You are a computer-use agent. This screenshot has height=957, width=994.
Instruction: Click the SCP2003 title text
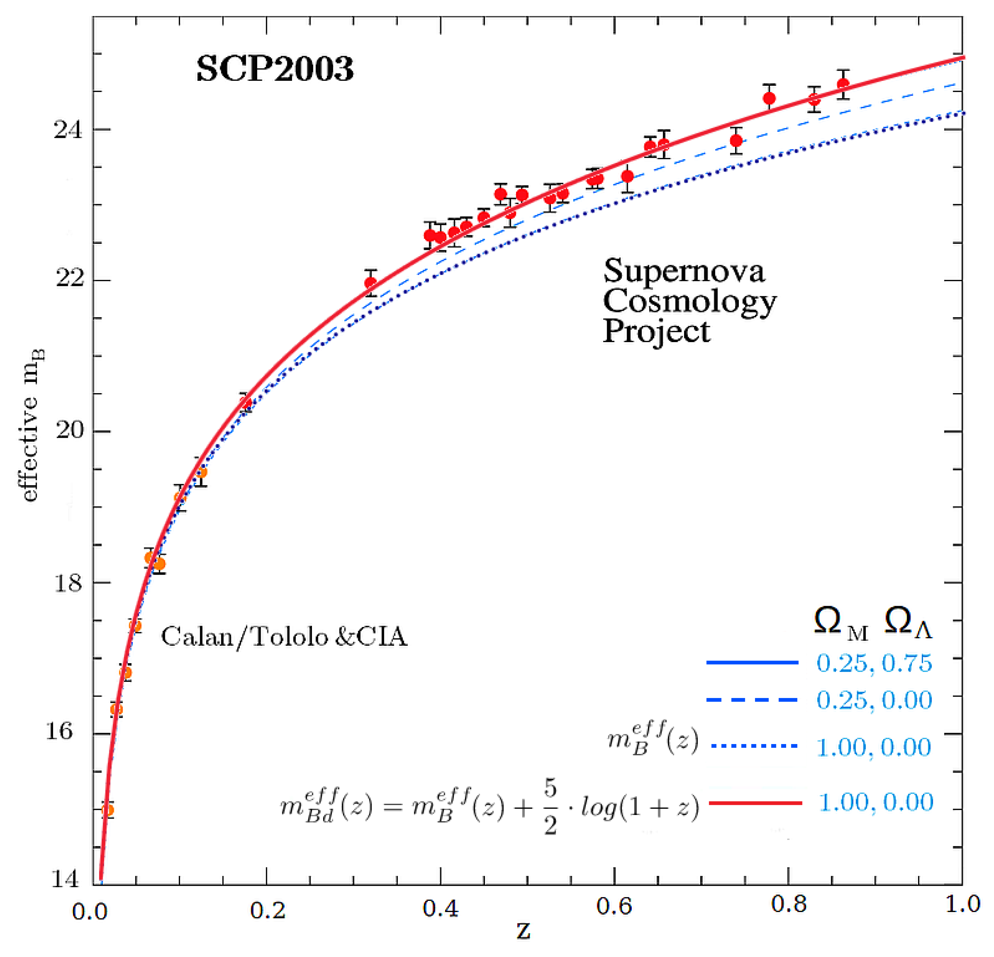point(274,70)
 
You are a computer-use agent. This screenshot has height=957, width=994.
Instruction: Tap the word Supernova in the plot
point(684,271)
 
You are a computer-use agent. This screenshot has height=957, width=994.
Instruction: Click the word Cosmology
point(689,302)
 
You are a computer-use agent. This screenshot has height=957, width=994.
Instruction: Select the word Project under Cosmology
point(656,332)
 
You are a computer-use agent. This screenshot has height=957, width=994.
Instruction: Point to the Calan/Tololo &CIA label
point(284,637)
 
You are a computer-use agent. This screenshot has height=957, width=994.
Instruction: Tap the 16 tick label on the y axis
point(59,732)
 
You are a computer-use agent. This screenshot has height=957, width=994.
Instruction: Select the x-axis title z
point(523,931)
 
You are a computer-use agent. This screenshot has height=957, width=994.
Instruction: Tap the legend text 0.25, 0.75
point(874,663)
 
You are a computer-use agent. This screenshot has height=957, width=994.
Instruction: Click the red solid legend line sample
point(755,803)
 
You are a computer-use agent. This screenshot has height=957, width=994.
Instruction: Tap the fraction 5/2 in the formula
point(550,806)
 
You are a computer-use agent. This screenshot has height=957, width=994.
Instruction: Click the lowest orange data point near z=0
point(107,810)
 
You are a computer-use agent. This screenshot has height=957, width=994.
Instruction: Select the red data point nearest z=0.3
point(371,283)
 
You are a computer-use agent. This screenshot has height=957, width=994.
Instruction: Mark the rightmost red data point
point(843,84)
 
